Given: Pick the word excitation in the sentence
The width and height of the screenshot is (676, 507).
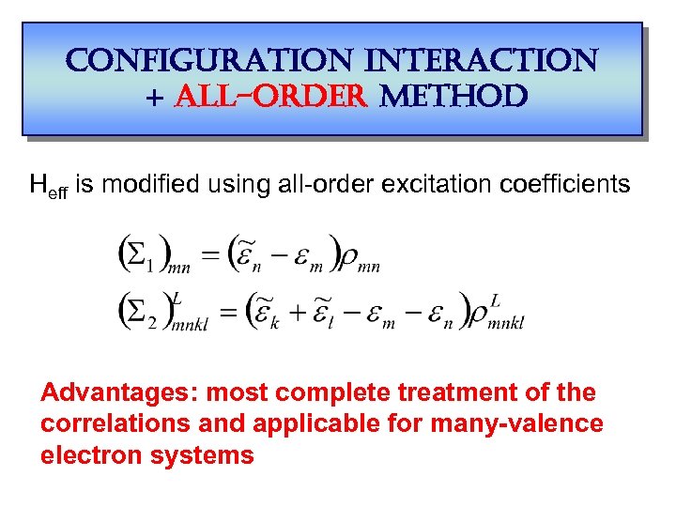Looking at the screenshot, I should coord(439,184).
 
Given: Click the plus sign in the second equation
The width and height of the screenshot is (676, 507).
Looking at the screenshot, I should coord(312,311).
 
